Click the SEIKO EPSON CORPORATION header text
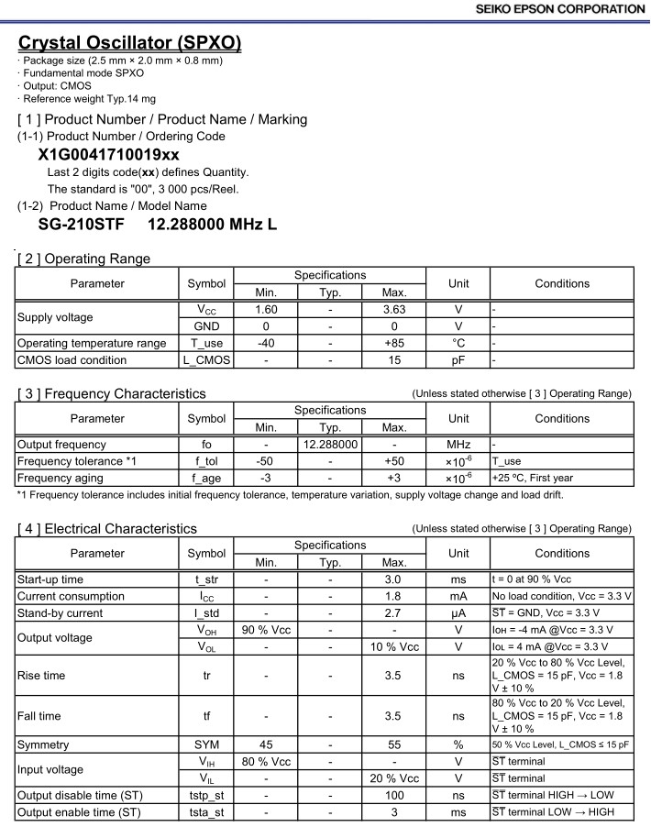(560, 9)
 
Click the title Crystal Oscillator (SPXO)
(130, 43)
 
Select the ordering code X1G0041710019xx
(109, 155)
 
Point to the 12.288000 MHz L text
(212, 225)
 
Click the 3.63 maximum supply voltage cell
(394, 310)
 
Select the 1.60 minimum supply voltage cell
(266, 310)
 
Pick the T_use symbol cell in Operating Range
(206, 343)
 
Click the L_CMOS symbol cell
(206, 360)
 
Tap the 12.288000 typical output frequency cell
(330, 445)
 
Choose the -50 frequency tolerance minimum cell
(266, 461)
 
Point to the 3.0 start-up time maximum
(394, 579)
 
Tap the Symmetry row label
(43, 744)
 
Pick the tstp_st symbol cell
(206, 795)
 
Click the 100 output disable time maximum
(394, 795)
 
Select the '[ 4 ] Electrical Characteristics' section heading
(107, 529)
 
